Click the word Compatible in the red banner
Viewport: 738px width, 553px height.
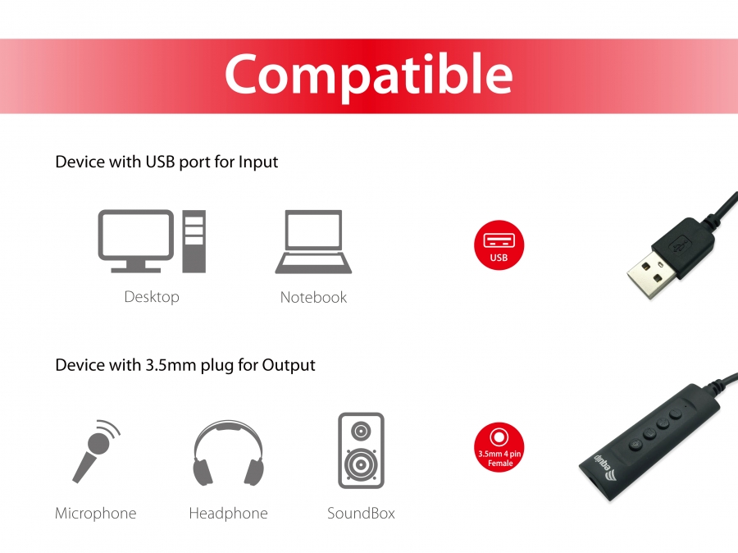pos(368,75)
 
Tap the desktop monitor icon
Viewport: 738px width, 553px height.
pos(136,240)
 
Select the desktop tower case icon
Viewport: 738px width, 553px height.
pos(194,241)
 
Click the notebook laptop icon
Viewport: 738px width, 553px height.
pos(313,241)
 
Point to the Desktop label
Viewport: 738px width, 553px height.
pos(152,297)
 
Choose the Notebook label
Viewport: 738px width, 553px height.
pos(313,297)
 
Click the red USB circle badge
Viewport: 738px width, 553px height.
pos(499,245)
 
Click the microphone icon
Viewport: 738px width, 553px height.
pos(97,450)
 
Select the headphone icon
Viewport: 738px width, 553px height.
pos(228,453)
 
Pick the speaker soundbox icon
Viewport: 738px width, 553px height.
pos(361,450)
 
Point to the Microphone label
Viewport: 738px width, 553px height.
pos(96,513)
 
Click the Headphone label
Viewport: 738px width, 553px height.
pos(228,513)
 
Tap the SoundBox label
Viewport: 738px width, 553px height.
pos(361,513)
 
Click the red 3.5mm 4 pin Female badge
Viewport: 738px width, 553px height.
pos(499,447)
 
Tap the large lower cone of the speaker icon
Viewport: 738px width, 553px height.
pos(361,464)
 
